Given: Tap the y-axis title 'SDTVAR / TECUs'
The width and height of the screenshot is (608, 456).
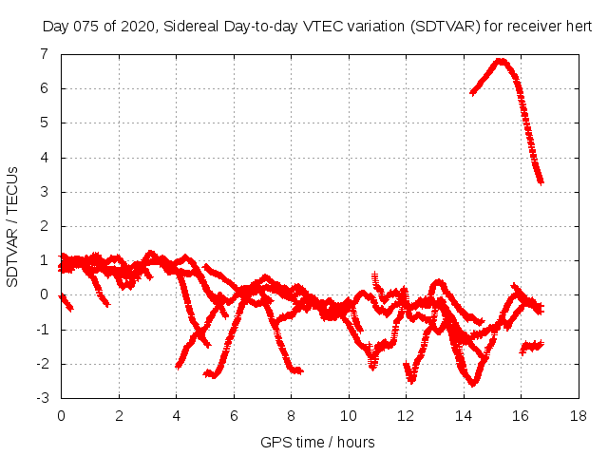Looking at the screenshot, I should click(12, 226).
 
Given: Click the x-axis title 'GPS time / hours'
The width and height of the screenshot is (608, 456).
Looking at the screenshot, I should click(317, 442).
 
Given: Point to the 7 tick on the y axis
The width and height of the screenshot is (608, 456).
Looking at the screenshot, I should click(44, 54).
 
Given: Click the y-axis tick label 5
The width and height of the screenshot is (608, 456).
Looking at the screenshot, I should click(44, 123).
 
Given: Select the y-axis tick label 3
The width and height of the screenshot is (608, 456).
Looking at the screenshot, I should click(44, 192).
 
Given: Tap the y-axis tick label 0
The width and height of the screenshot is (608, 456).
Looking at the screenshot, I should click(44, 295).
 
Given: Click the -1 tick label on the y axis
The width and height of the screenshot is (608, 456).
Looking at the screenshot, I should click(41, 330).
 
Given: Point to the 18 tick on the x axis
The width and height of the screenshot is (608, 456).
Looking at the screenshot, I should click(577, 416).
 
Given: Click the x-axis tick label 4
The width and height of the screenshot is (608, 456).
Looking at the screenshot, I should click(176, 416).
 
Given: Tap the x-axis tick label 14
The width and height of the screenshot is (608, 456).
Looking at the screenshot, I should click(463, 416).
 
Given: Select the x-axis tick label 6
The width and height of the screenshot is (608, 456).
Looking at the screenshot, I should click(234, 416).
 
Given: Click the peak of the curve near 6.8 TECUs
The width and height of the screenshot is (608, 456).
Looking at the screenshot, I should click(500, 62).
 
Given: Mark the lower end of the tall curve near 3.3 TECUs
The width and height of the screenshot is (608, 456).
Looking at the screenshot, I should click(541, 180).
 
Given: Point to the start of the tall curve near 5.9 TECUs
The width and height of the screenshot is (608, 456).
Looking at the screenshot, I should click(472, 92).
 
